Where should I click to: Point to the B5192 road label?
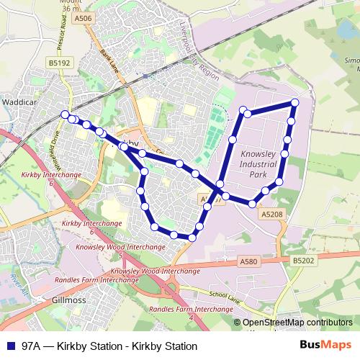click(60, 63)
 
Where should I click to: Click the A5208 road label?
click(272, 214)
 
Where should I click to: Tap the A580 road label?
click(248, 261)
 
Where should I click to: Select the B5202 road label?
click(305, 258)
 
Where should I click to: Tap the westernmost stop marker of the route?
click(66, 114)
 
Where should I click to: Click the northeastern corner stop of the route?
click(294, 103)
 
